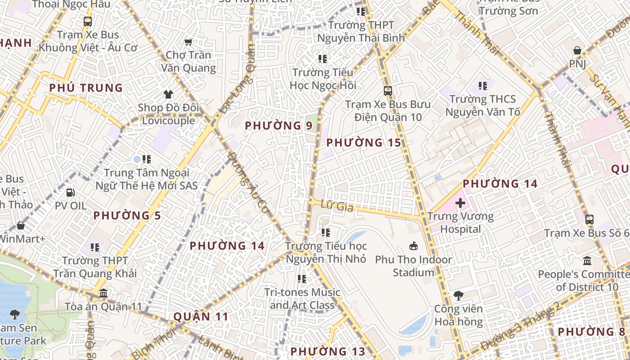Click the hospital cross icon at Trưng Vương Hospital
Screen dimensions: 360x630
(x=460, y=203)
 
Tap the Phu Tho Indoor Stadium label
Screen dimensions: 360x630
(x=414, y=266)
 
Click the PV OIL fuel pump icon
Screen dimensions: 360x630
(x=71, y=193)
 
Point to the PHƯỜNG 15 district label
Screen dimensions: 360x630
(x=363, y=143)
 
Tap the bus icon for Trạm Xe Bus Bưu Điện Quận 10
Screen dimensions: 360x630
(x=387, y=91)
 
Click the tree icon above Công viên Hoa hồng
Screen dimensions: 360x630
(x=458, y=296)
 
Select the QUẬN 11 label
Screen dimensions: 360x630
(x=201, y=316)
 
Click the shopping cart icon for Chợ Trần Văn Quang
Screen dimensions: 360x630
(x=188, y=42)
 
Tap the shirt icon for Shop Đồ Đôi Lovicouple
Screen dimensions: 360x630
(x=168, y=94)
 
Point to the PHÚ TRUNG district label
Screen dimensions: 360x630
(x=86, y=88)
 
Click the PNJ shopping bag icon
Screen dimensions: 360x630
(x=577, y=50)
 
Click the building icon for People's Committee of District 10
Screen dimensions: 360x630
(x=587, y=261)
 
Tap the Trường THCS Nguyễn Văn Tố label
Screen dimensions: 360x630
(x=482, y=105)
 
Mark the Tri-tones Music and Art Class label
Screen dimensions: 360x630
(x=302, y=298)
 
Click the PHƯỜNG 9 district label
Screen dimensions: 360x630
(x=278, y=126)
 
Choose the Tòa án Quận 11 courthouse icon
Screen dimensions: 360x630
(x=103, y=293)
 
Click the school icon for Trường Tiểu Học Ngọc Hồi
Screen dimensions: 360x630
(x=322, y=59)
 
